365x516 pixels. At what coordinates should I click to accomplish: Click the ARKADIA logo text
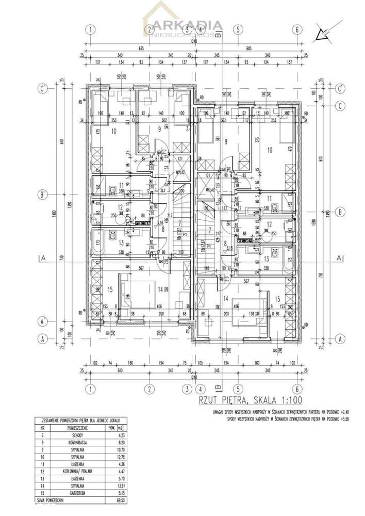(x=193, y=25)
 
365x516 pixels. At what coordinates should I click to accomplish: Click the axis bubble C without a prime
(x=340, y=106)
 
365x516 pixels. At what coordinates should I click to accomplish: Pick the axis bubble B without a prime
(x=340, y=212)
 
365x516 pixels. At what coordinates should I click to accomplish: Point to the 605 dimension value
(x=248, y=48)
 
